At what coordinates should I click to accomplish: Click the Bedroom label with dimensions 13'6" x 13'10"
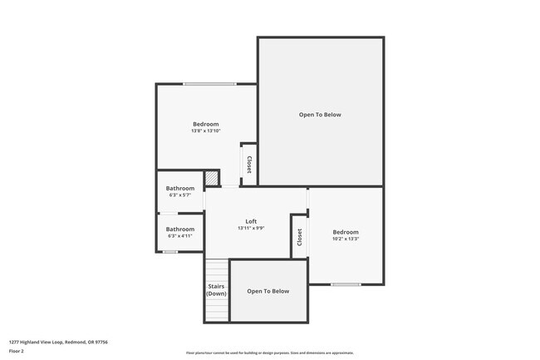click(205, 124)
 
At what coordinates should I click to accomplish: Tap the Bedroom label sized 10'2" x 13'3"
click(346, 232)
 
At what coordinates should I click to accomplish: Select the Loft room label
click(251, 221)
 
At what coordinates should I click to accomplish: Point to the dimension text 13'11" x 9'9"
click(251, 228)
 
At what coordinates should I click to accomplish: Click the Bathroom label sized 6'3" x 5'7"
click(180, 188)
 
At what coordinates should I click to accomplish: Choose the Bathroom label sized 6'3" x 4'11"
click(180, 229)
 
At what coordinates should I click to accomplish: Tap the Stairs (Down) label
click(216, 290)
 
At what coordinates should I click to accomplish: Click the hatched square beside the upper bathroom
click(213, 178)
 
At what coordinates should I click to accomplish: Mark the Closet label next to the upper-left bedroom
click(248, 164)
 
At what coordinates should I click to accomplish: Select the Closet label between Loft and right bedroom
click(299, 236)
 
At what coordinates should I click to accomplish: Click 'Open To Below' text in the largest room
click(320, 115)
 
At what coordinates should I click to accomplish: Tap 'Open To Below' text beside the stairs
click(268, 291)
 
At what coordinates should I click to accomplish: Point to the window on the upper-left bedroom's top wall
click(209, 84)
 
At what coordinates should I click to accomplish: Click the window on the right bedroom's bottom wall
click(346, 284)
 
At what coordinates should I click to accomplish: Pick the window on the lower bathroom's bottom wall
click(170, 251)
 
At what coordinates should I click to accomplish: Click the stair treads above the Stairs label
click(216, 269)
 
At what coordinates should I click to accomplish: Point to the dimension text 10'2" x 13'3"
click(346, 239)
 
